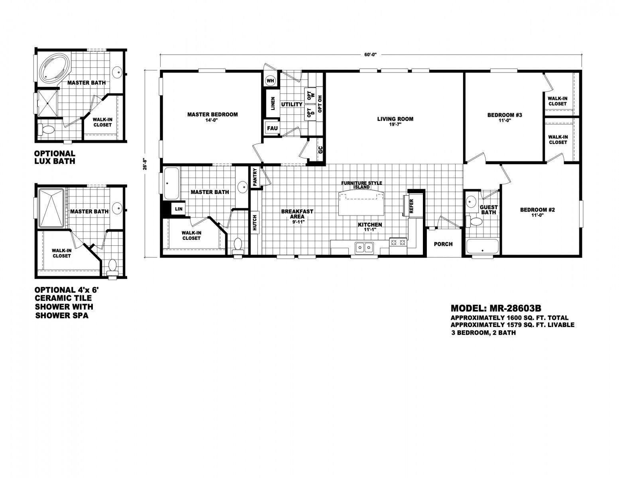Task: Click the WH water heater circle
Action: coord(270,81)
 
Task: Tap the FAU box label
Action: coord(272,128)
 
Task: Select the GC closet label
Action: coord(320,150)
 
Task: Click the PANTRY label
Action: coord(255,177)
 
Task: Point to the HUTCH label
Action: coord(255,223)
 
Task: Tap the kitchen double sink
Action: coord(364,247)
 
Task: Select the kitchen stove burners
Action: coord(398,243)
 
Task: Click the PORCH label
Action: coord(443,244)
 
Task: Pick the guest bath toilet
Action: coord(474,221)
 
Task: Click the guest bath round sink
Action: coord(472,202)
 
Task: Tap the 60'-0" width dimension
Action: coord(370,55)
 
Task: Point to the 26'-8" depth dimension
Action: coord(145,164)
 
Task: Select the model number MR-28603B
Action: coord(516,308)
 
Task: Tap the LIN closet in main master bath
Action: coord(179,209)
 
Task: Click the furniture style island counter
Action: coord(361,203)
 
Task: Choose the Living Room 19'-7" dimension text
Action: coord(395,124)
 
